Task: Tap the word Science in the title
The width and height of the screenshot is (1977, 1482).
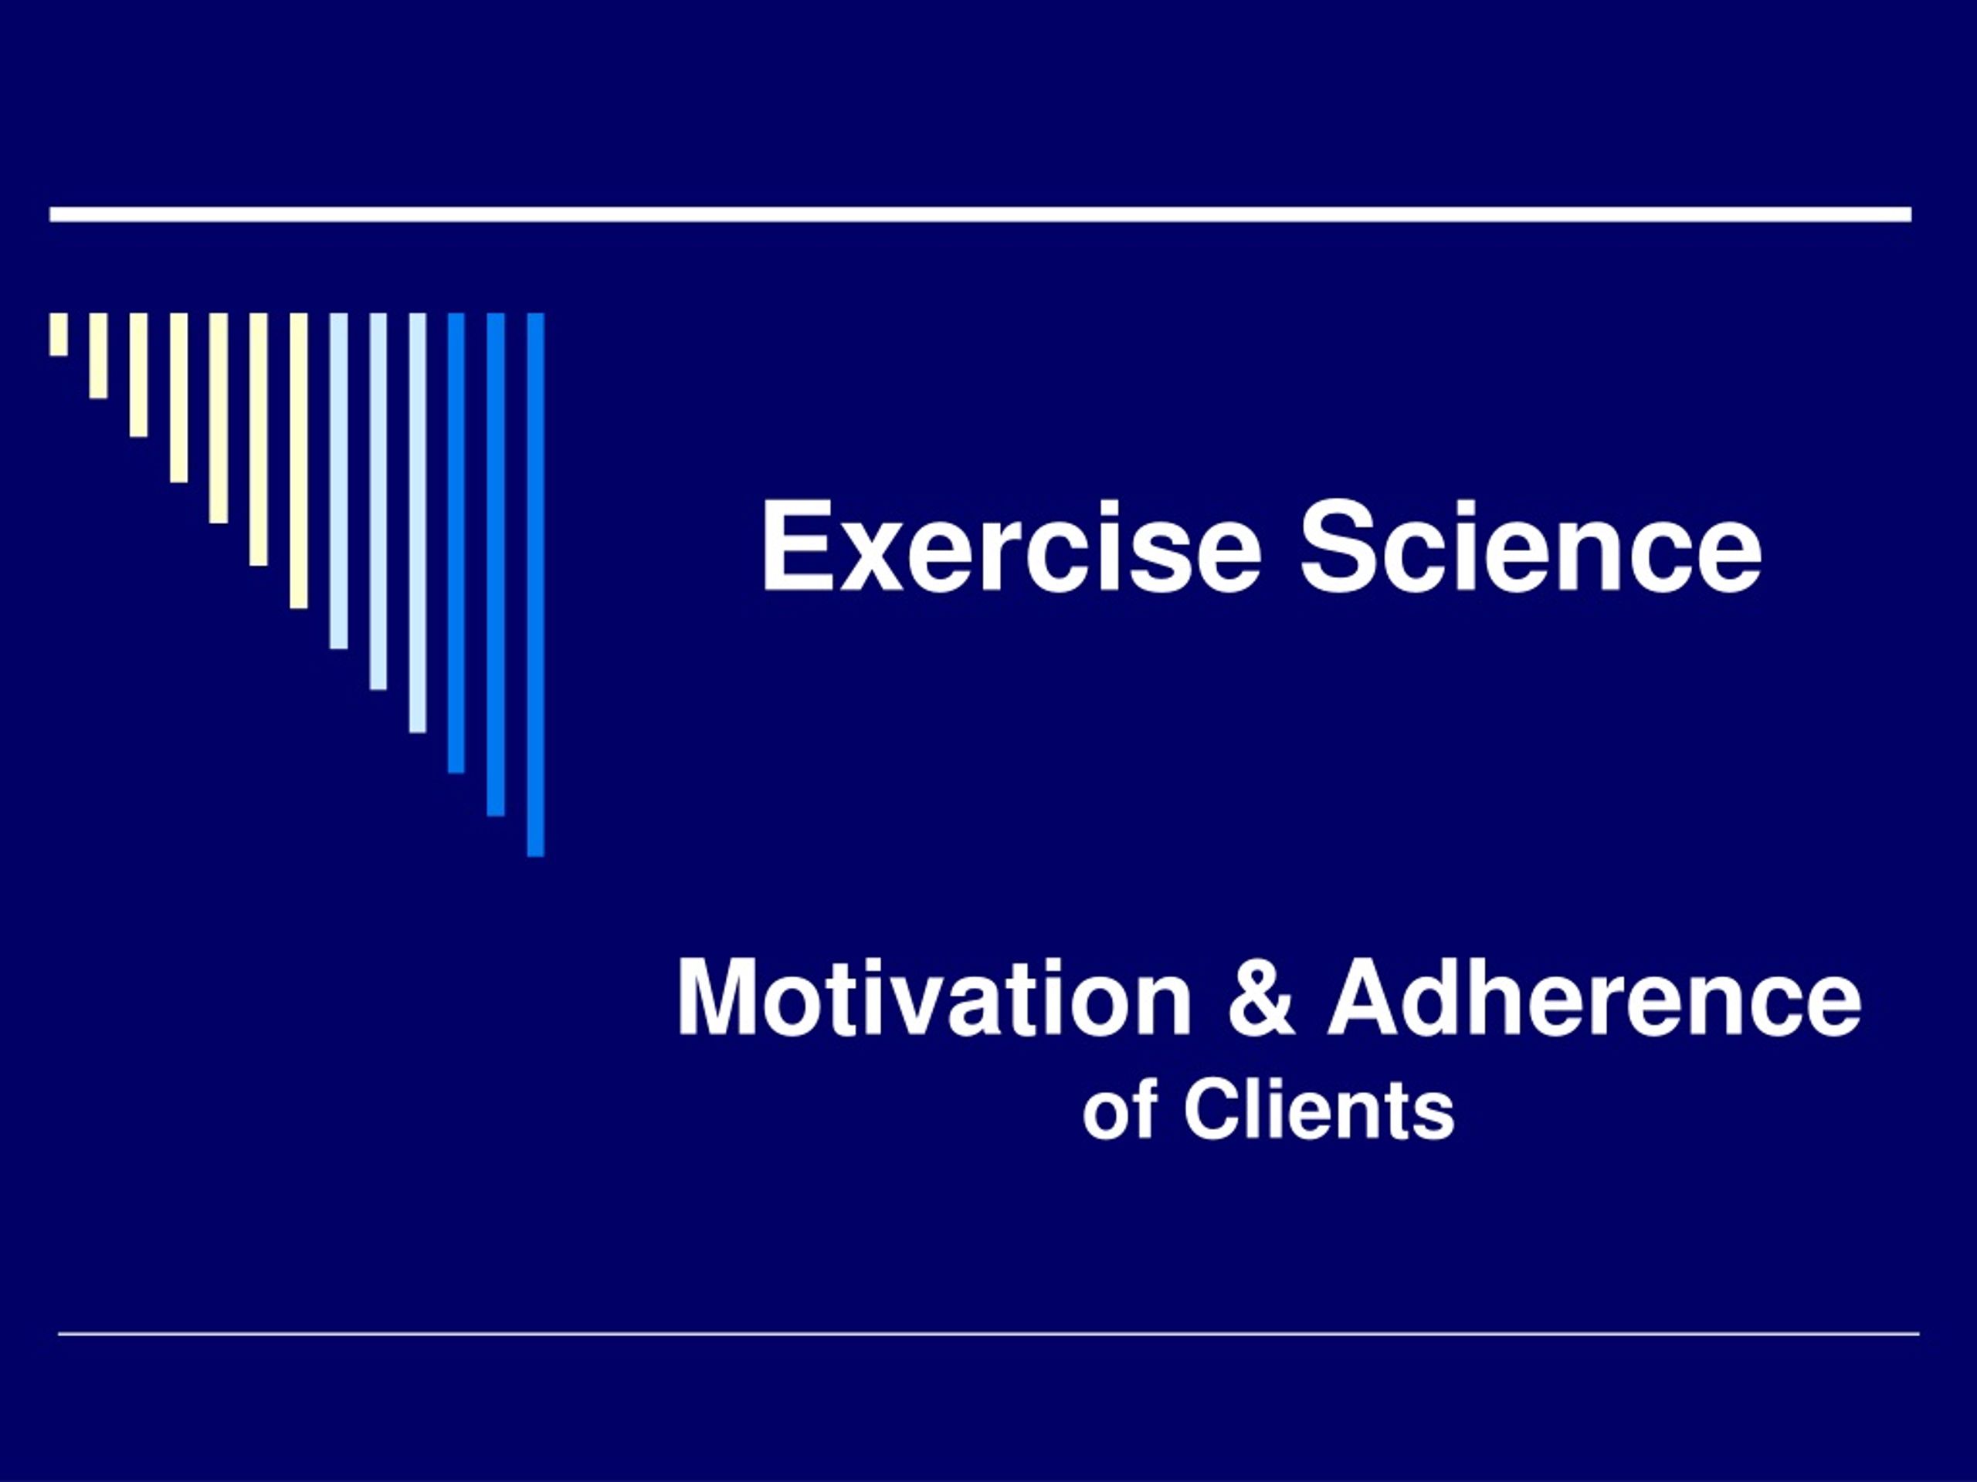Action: pyautogui.click(x=1530, y=546)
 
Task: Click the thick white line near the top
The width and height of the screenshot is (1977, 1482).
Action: pyautogui.click(x=981, y=215)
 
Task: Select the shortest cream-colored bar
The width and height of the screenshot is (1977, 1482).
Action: pyautogui.click(x=59, y=334)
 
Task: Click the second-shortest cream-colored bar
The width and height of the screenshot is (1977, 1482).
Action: pyautogui.click(x=98, y=356)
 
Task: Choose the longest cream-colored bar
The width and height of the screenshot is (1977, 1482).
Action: pyautogui.click(x=299, y=461)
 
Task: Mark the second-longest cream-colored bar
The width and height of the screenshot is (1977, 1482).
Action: pyautogui.click(x=258, y=439)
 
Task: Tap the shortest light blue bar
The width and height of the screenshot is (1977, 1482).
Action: pyautogui.click(x=339, y=481)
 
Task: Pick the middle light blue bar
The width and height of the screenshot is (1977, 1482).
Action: pyautogui.click(x=378, y=501)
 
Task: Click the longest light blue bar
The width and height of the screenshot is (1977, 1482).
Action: pyautogui.click(x=417, y=523)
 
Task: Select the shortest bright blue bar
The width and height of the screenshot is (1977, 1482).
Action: pyautogui.click(x=456, y=543)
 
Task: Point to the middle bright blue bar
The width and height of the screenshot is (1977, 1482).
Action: pyautogui.click(x=496, y=564)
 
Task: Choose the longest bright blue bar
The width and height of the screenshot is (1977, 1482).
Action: pyautogui.click(x=535, y=585)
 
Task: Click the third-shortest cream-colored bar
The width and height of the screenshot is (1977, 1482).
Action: pyautogui.click(x=138, y=375)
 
